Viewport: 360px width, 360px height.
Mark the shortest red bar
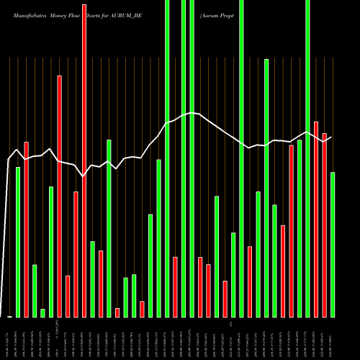click(117, 312)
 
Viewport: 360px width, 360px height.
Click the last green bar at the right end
click(333, 245)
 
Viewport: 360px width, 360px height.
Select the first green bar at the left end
click(18, 242)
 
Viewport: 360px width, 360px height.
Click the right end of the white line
click(331, 137)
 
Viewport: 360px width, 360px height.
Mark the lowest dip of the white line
click(84, 176)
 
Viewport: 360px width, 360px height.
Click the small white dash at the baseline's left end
click(9, 317)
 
